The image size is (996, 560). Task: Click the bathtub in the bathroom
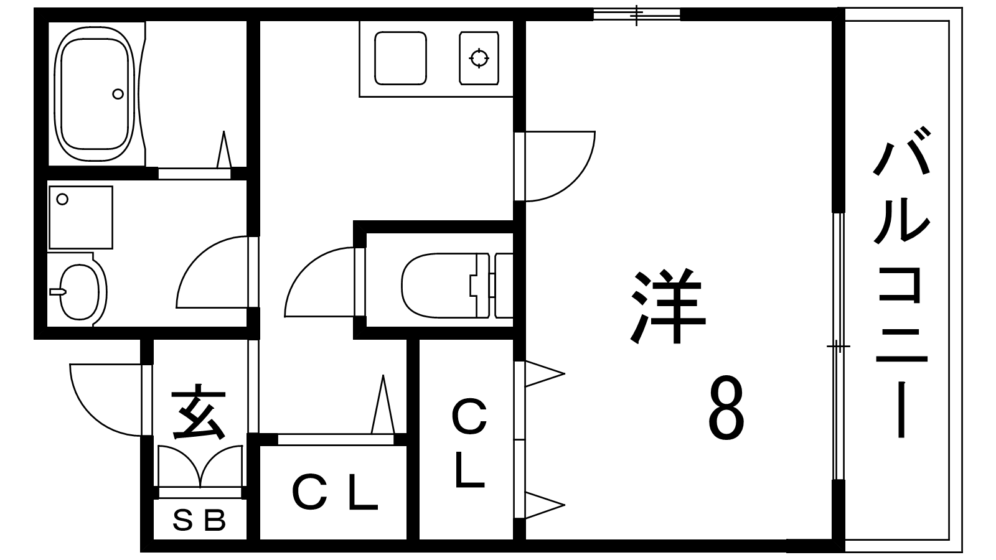pos(95,93)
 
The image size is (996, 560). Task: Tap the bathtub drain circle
pos(118,94)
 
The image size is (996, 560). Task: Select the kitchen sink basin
pos(401,58)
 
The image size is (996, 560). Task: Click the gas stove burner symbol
pos(479,58)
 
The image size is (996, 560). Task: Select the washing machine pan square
pos(80,217)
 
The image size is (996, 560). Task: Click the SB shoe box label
pos(199,521)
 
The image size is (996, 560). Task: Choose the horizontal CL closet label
pos(334,493)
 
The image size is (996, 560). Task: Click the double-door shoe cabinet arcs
pos(200,465)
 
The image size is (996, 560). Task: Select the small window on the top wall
pos(637,14)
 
